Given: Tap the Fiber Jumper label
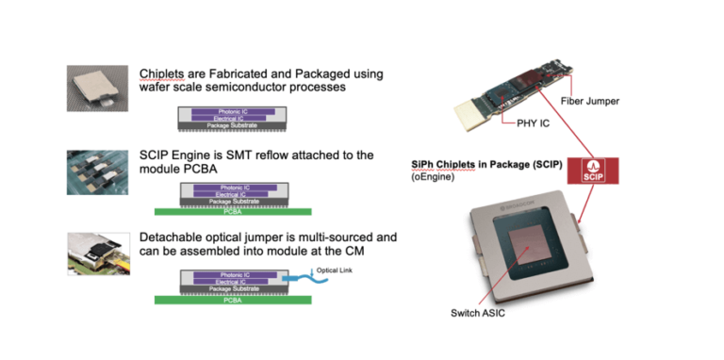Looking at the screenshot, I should tap(638, 101).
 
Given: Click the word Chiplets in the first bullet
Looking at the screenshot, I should tap(164, 74).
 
